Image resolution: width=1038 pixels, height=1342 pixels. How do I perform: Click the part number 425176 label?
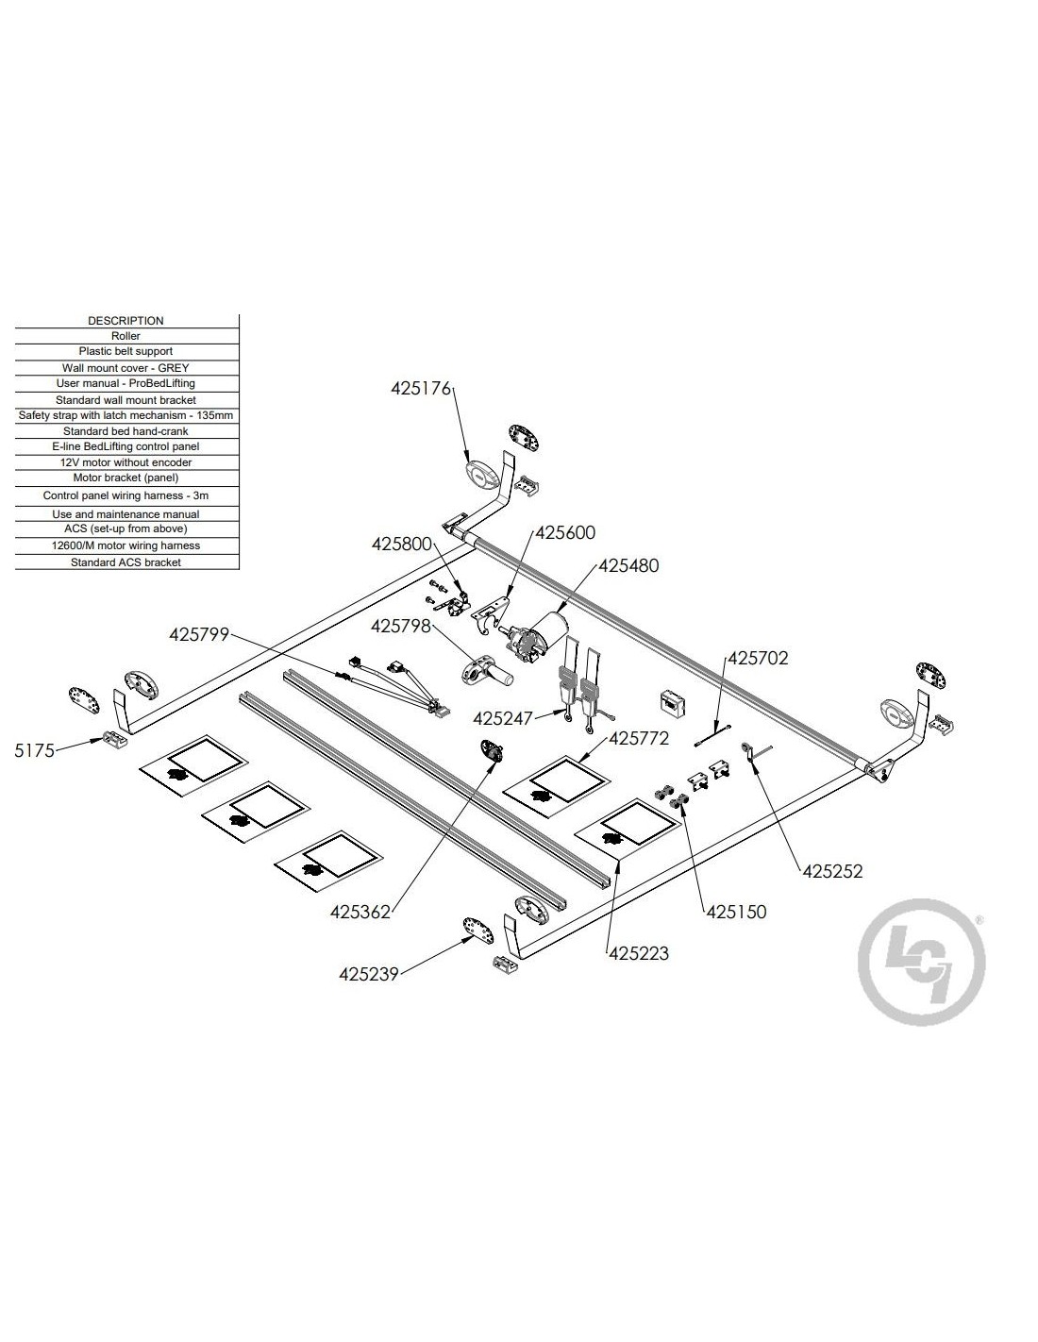click(x=422, y=388)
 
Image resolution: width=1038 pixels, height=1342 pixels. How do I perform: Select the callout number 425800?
click(x=401, y=545)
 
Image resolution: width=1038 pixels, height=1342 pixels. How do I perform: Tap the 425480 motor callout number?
click(x=628, y=566)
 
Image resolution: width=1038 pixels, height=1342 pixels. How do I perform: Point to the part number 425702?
click(x=757, y=658)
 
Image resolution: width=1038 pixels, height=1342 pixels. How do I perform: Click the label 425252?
click(x=832, y=872)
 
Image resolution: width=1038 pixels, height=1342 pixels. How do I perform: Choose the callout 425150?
click(x=736, y=912)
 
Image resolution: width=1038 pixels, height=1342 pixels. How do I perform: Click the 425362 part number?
click(x=360, y=912)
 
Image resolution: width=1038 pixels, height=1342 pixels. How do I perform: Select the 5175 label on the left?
click(x=35, y=750)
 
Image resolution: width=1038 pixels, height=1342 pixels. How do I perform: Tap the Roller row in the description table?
click(x=126, y=336)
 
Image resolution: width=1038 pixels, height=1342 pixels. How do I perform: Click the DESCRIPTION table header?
click(x=126, y=321)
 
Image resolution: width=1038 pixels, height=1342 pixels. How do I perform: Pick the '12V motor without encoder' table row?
click(x=126, y=462)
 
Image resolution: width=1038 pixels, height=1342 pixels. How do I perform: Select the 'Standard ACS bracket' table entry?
click(x=126, y=562)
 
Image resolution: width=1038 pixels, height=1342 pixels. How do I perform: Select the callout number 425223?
click(x=639, y=953)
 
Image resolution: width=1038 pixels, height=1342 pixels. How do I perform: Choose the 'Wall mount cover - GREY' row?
click(x=126, y=368)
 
